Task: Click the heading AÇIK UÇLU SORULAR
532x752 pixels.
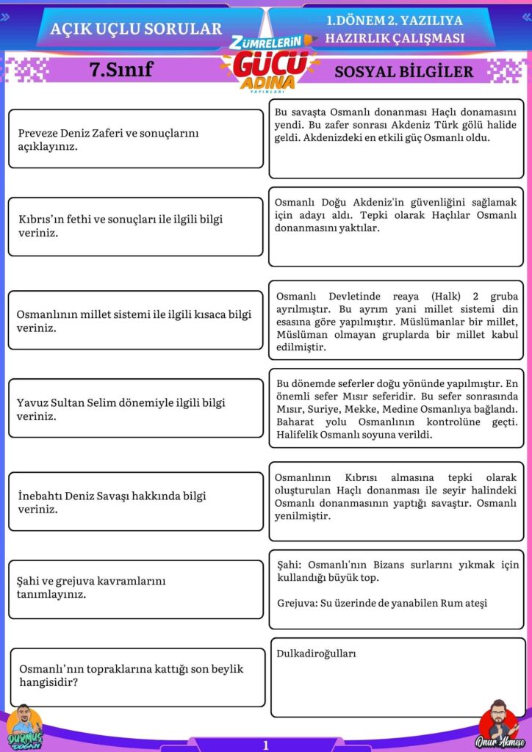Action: point(136,29)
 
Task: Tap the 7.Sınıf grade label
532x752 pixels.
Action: point(121,70)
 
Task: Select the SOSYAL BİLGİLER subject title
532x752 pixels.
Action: point(403,71)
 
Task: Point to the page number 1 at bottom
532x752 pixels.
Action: point(266,745)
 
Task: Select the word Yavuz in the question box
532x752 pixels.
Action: point(33,402)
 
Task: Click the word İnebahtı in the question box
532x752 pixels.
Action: point(40,496)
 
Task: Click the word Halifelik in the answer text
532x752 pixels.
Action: point(301,435)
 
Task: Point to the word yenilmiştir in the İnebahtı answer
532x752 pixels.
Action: point(302,516)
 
